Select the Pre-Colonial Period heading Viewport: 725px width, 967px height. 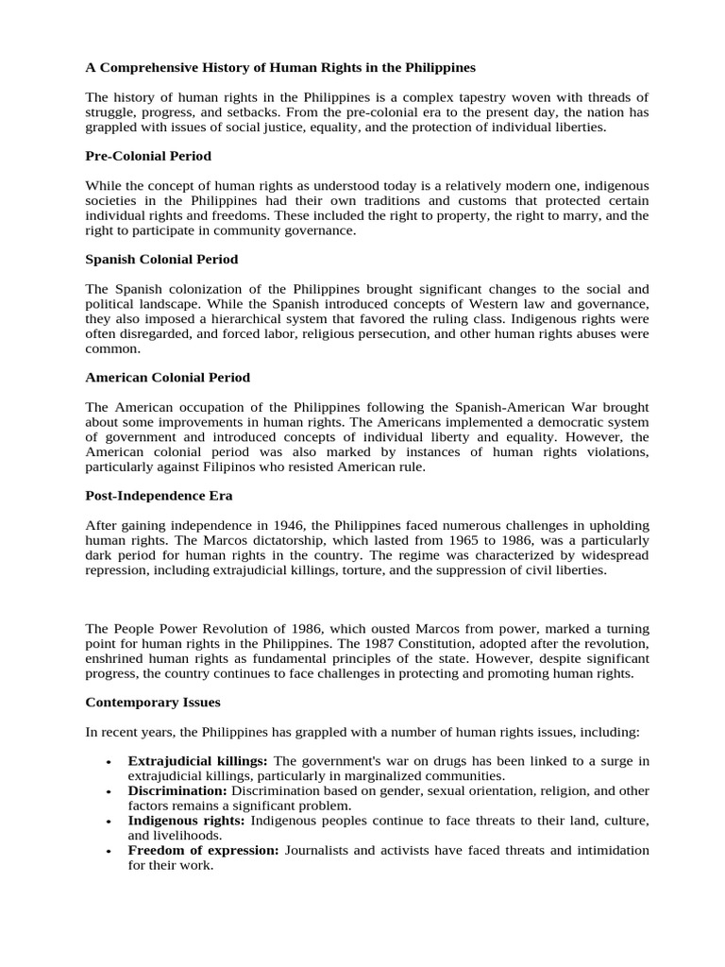click(x=148, y=156)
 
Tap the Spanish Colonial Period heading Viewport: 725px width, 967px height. click(x=161, y=259)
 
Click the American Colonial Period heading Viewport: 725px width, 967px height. click(x=168, y=377)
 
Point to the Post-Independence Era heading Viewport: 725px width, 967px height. click(x=159, y=496)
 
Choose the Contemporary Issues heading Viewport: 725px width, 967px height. click(x=153, y=703)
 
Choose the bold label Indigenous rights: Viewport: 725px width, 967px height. click(x=186, y=821)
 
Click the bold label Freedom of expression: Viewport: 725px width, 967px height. click(x=203, y=850)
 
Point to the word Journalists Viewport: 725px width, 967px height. click(x=318, y=850)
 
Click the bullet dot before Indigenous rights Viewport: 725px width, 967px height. click(x=110, y=822)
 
